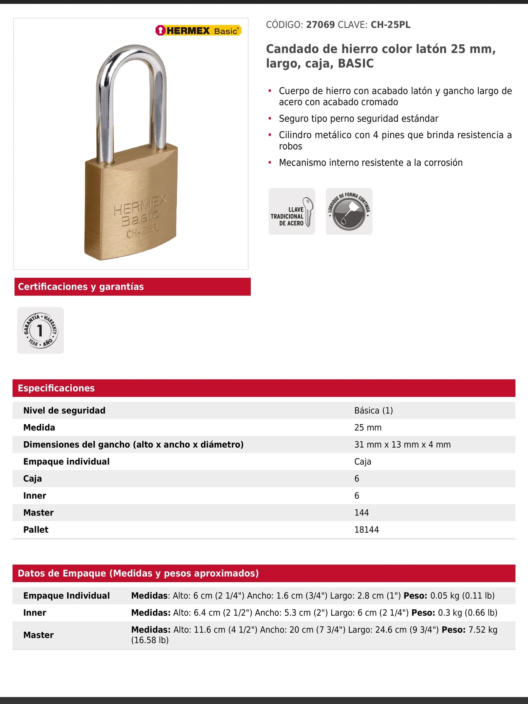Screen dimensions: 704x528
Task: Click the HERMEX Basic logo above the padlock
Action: (x=198, y=31)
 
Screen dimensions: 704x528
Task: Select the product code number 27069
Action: (x=320, y=25)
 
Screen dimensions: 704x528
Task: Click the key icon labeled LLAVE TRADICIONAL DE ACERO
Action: (x=292, y=212)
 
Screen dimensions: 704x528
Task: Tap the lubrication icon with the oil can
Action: (x=349, y=212)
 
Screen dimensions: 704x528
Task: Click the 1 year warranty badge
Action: (x=41, y=330)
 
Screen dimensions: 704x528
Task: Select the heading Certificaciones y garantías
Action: (x=81, y=287)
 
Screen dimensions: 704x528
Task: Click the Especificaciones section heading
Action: (x=56, y=388)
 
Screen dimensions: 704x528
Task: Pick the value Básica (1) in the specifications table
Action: (x=373, y=411)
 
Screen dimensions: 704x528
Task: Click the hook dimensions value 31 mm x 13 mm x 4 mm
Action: (x=402, y=445)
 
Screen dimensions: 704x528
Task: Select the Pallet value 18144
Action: (x=366, y=530)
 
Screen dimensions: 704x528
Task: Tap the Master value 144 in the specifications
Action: (x=361, y=513)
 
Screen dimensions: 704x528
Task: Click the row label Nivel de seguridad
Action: (x=64, y=411)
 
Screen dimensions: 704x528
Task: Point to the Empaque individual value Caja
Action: (x=362, y=462)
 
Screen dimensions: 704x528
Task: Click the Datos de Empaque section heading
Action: (x=138, y=574)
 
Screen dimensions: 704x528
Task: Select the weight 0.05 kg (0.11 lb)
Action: (x=462, y=596)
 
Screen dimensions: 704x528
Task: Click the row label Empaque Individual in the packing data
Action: (x=67, y=596)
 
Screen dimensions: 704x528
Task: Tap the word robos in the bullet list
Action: (x=290, y=146)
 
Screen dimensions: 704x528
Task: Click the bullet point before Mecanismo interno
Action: (x=270, y=163)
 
